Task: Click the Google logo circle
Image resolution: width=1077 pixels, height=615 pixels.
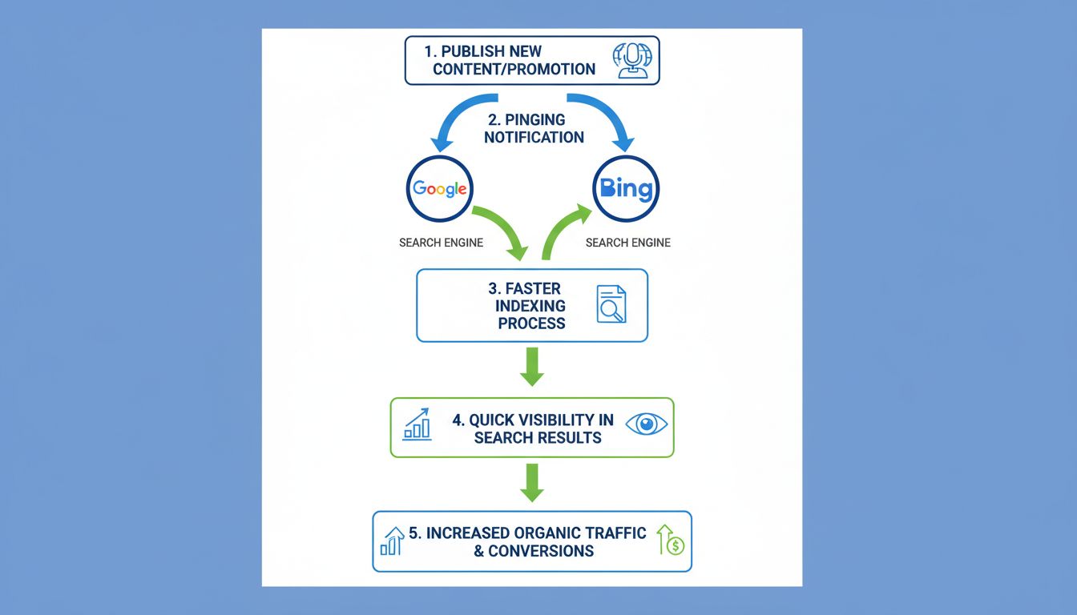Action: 440,189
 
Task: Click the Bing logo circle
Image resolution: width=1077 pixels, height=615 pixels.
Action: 626,189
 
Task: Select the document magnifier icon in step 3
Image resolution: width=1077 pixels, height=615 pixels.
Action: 611,305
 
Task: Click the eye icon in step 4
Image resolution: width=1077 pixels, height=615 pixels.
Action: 646,424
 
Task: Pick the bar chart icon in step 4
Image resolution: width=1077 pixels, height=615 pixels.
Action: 417,424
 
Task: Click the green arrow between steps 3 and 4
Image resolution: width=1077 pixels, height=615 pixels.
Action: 532,367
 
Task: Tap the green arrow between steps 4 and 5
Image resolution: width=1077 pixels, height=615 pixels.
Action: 532,482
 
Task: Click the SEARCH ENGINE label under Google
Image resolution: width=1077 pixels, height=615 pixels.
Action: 441,243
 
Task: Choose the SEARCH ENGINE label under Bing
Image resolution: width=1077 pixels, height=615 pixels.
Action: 627,243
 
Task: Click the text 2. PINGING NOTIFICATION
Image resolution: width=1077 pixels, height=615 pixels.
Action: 534,128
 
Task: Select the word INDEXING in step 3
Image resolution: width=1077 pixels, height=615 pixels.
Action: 530,306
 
